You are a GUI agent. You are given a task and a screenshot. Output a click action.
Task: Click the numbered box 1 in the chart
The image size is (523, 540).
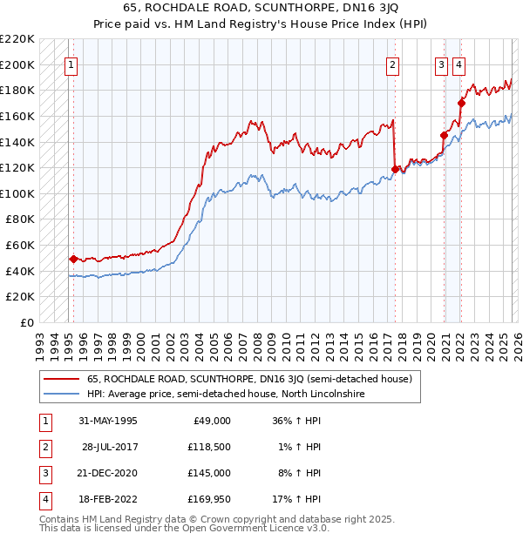[x=71, y=64]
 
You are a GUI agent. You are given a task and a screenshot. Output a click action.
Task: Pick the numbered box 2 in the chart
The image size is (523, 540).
[x=393, y=64]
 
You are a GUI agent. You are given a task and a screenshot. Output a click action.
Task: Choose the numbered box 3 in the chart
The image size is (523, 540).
[x=442, y=64]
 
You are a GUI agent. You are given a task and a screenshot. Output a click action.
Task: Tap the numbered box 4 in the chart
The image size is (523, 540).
[x=458, y=64]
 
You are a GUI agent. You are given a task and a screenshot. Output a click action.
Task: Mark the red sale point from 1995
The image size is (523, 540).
[x=73, y=259]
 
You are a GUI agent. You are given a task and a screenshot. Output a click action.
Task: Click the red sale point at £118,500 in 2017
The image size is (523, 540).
[x=396, y=169]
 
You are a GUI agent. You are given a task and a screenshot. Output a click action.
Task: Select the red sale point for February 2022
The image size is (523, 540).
[x=461, y=103]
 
